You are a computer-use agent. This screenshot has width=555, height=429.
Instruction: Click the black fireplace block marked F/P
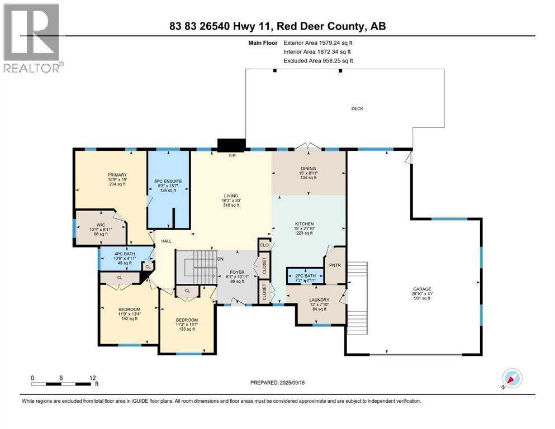pos(231,145)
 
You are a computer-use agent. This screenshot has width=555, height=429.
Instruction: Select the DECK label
pos(357,108)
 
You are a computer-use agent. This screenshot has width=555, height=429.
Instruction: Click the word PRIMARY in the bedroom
pos(118,174)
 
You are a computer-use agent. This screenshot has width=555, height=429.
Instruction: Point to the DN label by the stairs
pos(221,259)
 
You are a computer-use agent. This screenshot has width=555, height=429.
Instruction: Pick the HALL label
pos(167,241)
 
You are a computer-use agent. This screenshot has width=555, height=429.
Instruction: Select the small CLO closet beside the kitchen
pos(264,244)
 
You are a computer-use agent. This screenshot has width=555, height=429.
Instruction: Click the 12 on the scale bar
pos(92,377)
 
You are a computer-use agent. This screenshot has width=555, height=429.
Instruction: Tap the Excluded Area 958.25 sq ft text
pos(318,60)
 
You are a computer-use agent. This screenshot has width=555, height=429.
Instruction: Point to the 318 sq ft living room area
pos(231,205)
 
